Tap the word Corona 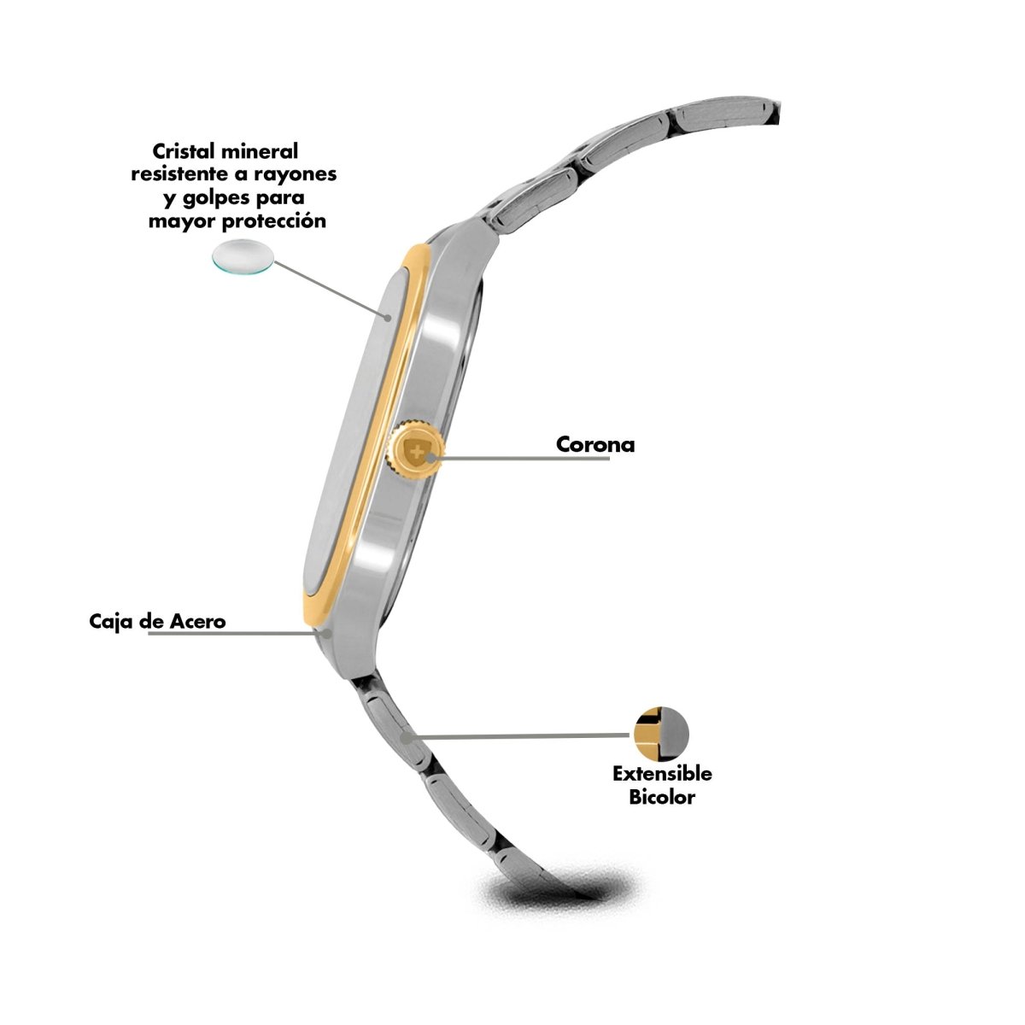(595, 445)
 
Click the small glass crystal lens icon (243, 258)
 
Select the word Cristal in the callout (184, 151)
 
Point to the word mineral (260, 151)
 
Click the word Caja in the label (109, 621)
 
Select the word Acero (198, 621)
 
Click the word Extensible (662, 773)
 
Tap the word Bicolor (662, 797)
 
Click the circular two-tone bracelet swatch (662, 735)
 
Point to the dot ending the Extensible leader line (406, 738)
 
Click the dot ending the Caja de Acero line (328, 634)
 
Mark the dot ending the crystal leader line (389, 318)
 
